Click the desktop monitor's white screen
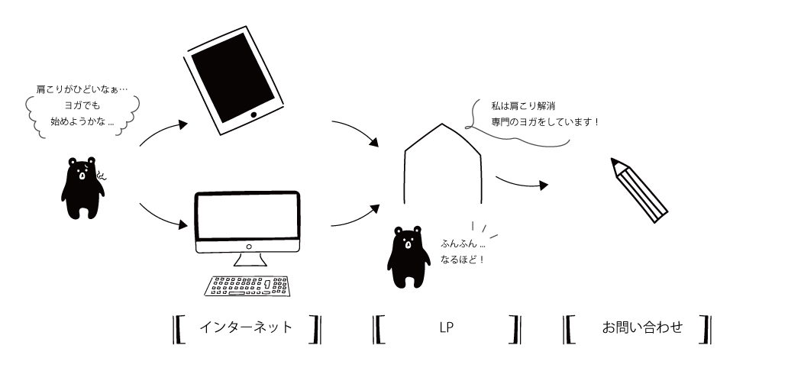(247, 217)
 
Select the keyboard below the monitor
(247, 285)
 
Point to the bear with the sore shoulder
(81, 187)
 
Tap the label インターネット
(245, 327)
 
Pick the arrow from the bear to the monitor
(162, 217)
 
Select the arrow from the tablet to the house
(356, 131)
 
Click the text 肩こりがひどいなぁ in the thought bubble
(76, 89)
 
